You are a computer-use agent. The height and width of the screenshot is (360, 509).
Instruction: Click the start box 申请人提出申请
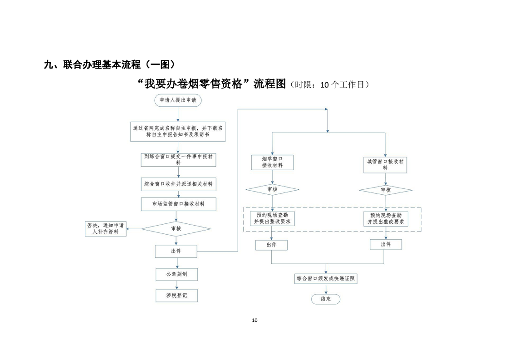178,100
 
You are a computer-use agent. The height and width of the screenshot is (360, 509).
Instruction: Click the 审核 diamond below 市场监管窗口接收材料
176,228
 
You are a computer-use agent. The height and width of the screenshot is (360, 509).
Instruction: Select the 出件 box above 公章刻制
176,251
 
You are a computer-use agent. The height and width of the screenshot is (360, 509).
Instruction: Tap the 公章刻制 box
176,274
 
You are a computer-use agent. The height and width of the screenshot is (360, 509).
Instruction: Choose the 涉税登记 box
176,296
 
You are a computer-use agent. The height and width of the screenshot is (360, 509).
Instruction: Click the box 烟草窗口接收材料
272,163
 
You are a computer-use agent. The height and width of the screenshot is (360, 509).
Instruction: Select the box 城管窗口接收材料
385,164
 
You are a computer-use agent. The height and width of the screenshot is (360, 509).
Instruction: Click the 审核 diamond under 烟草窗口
272,189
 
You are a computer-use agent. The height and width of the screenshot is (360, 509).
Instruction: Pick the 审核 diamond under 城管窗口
385,190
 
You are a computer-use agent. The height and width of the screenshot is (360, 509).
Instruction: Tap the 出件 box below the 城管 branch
386,244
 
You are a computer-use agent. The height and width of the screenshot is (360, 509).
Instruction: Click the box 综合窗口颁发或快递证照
326,278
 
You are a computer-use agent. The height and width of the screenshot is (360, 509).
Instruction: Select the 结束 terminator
325,299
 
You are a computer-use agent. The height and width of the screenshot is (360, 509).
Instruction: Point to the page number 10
254,320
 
